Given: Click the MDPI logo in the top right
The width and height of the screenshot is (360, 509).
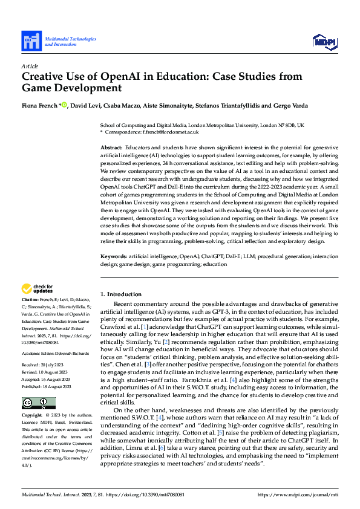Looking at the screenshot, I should pos(325,41).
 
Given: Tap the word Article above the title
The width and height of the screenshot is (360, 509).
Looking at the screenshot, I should pos(30,65).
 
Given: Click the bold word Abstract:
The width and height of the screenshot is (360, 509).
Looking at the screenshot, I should pos(111,148).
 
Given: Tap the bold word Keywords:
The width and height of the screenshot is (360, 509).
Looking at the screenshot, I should pos(113,256).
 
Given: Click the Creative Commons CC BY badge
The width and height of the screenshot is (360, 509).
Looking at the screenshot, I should pos(39,403).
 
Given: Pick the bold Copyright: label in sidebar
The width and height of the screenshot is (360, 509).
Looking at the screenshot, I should pos(32,416).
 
